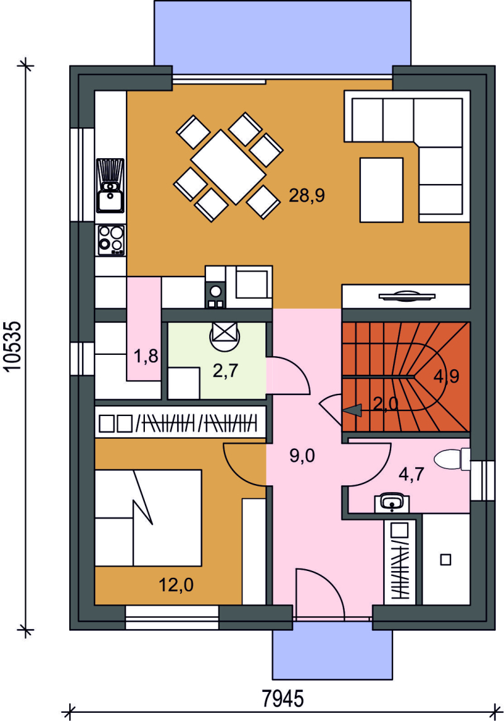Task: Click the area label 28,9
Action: tap(306, 196)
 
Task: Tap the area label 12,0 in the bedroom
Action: tap(176, 585)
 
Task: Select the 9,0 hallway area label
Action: tap(302, 456)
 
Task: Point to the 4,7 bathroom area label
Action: tap(411, 474)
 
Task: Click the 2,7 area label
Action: tap(225, 370)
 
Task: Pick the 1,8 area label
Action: tap(146, 356)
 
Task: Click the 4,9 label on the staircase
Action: tap(446, 377)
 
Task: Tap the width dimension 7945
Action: tap(283, 700)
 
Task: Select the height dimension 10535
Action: tap(14, 346)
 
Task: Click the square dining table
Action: tap(228, 167)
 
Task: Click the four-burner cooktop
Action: tap(111, 240)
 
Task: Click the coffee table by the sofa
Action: tap(381, 190)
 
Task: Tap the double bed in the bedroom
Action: tap(148, 518)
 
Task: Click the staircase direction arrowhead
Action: tap(352, 411)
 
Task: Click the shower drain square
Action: tap(445, 560)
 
